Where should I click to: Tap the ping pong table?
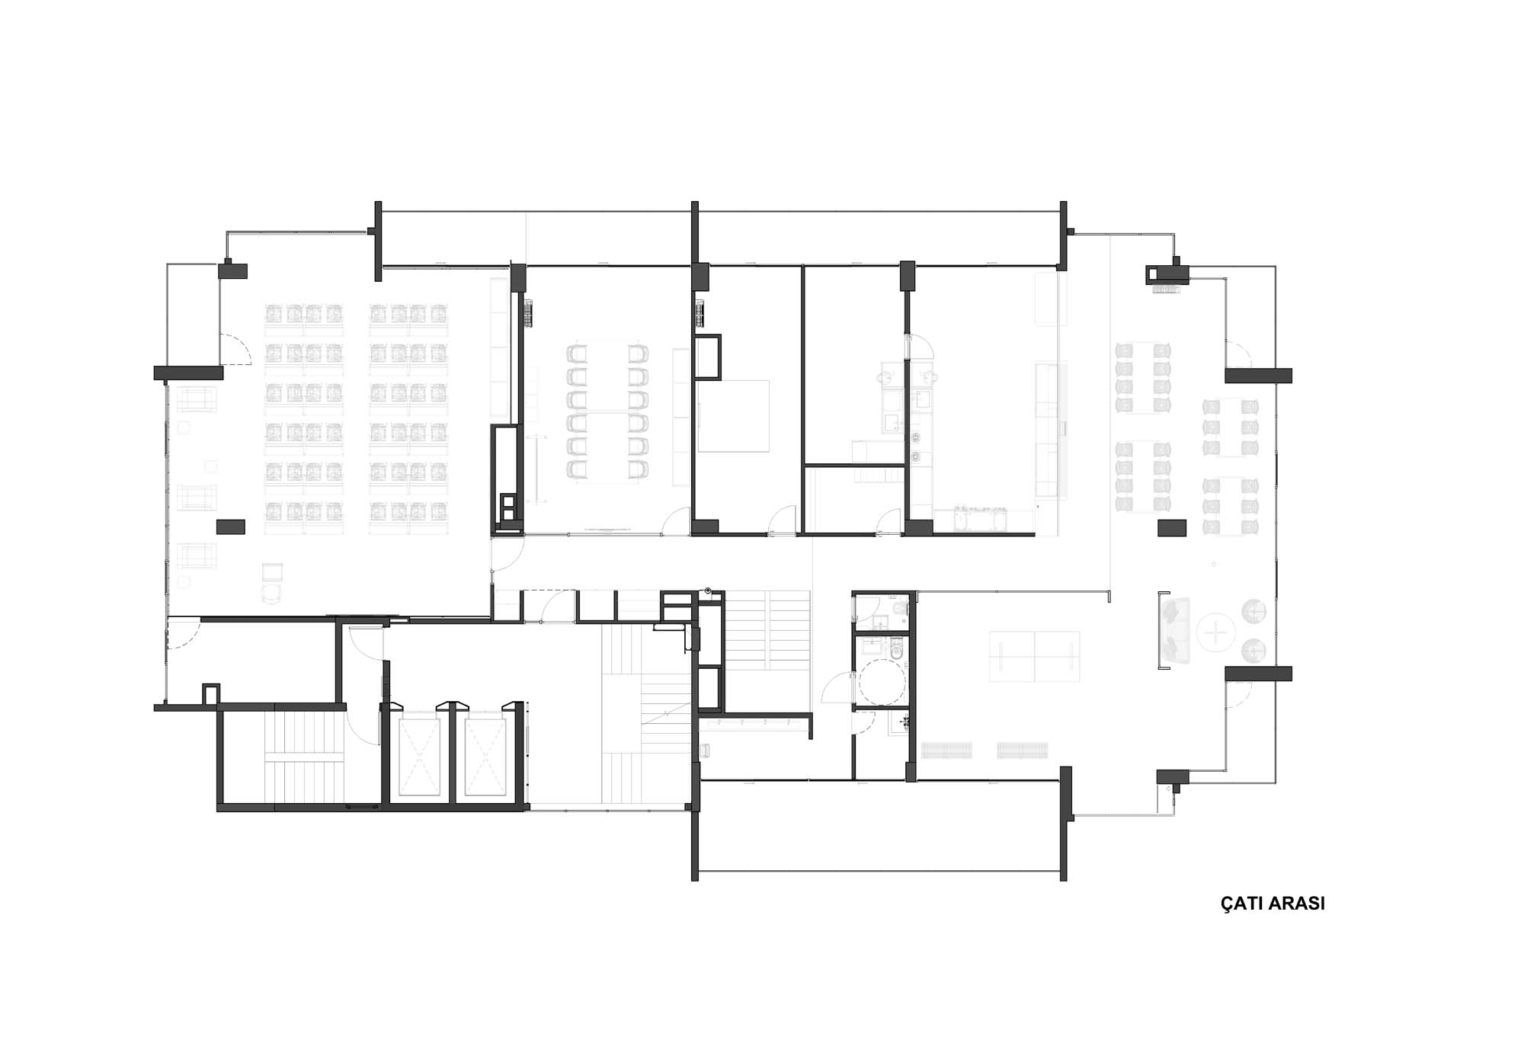pyautogui.click(x=1034, y=656)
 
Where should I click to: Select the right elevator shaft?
pyautogui.click(x=485, y=757)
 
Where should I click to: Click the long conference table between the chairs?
pyautogui.click(x=607, y=412)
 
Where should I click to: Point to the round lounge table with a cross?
pyautogui.click(x=1216, y=632)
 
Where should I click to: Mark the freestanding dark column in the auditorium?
pyautogui.click(x=230, y=526)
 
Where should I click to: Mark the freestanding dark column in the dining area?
pyautogui.click(x=1172, y=527)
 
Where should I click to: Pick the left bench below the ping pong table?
pyautogui.click(x=946, y=750)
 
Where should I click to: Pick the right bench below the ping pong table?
pyautogui.click(x=1023, y=750)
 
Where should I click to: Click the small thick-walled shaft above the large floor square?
pyautogui.click(x=707, y=357)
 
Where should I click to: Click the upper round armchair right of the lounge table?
pyautogui.click(x=1254, y=611)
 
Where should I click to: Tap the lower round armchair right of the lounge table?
pyautogui.click(x=1254, y=650)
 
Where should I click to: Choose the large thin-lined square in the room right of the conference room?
pyautogui.click(x=733, y=416)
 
